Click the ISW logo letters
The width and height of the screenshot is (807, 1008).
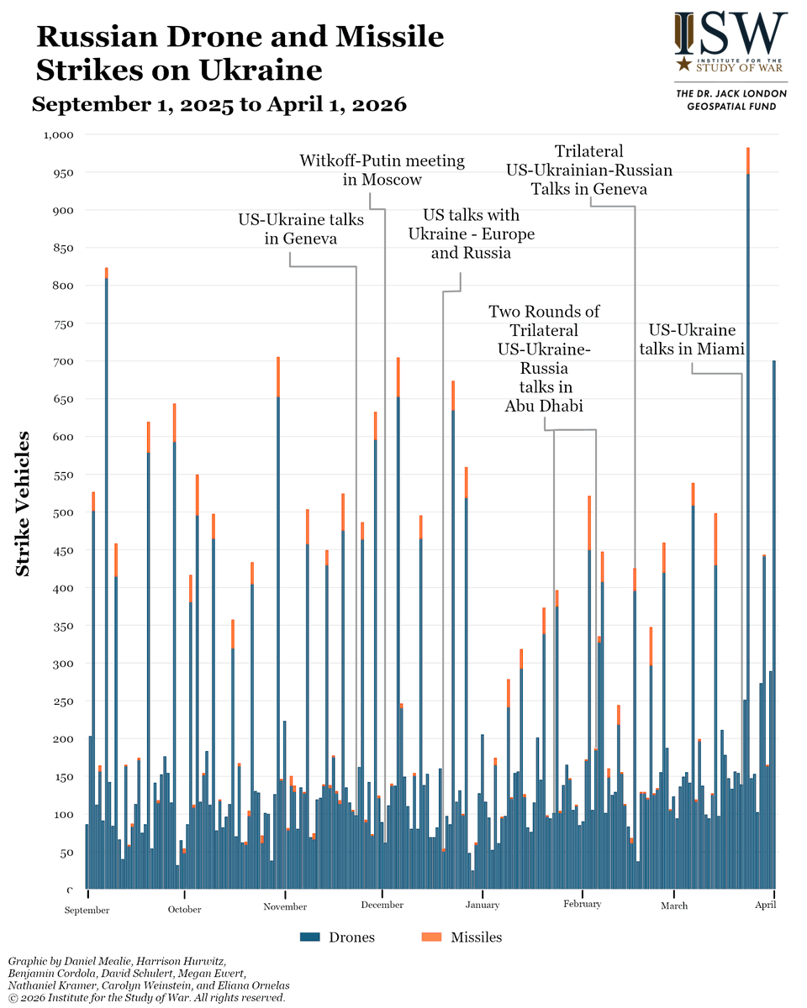[x=731, y=33]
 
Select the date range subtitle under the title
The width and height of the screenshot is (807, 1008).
[x=219, y=104]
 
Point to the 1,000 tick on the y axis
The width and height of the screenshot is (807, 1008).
[x=58, y=134]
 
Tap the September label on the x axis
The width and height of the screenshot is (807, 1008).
[x=87, y=910]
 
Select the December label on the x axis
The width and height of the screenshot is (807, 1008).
[x=382, y=905]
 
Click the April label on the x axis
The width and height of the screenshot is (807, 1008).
[x=765, y=905]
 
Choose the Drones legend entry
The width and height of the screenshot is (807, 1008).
[x=337, y=937]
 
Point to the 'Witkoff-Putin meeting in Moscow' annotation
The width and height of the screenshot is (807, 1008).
[x=382, y=170]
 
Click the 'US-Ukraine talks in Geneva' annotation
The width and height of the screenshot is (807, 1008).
[x=301, y=229]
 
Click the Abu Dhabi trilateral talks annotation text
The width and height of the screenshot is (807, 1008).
[x=544, y=359]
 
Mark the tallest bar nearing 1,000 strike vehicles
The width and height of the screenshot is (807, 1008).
[x=748, y=504]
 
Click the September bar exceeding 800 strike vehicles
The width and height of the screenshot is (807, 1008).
[x=107, y=588]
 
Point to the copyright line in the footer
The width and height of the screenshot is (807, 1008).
[x=146, y=998]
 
